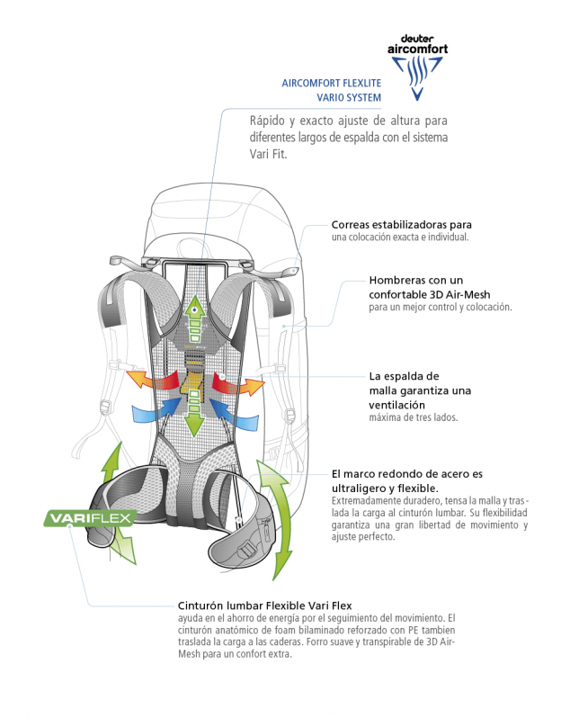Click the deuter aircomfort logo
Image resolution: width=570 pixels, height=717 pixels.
click(417, 67)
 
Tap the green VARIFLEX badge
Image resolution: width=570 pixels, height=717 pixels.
click(90, 518)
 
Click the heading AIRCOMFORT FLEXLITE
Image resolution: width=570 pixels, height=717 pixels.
click(332, 84)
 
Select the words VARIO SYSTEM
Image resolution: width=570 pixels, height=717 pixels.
click(349, 98)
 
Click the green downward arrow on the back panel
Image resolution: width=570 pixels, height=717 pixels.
click(195, 414)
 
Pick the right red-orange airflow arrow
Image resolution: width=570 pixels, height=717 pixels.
click(237, 384)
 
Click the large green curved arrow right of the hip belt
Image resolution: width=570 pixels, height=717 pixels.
click(275, 519)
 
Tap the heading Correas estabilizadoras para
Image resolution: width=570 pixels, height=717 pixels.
click(401, 225)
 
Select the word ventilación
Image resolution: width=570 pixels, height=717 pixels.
click(396, 405)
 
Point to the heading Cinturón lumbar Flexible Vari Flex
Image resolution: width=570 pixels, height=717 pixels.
click(264, 605)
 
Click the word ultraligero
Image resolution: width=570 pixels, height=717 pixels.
click(360, 488)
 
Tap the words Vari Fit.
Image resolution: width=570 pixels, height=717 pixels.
click(268, 154)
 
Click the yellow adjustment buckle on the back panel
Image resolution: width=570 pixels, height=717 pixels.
click(193, 373)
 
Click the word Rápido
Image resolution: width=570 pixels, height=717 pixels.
click(267, 121)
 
